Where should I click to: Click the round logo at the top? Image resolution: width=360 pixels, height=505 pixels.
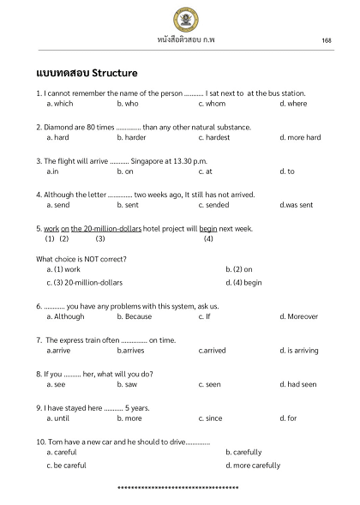point(179,17)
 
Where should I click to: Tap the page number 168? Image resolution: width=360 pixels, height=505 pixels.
point(327,40)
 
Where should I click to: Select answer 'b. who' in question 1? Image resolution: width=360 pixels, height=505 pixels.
point(128,103)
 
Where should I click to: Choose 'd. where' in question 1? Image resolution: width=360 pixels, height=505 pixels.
point(293,103)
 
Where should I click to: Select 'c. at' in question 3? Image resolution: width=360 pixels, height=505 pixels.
point(205,171)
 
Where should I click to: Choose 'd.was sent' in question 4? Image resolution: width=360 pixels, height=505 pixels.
point(297,205)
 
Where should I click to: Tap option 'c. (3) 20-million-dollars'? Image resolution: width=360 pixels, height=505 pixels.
point(85,282)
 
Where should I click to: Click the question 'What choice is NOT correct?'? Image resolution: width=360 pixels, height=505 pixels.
point(81,258)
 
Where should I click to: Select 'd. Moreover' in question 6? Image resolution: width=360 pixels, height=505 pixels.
point(299,316)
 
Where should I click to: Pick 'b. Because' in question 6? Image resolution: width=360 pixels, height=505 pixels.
point(135,316)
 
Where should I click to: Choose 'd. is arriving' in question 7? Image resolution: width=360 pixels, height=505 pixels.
point(300,350)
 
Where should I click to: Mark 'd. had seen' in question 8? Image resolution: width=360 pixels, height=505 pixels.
point(298,384)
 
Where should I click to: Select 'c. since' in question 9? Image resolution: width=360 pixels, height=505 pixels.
point(210,418)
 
